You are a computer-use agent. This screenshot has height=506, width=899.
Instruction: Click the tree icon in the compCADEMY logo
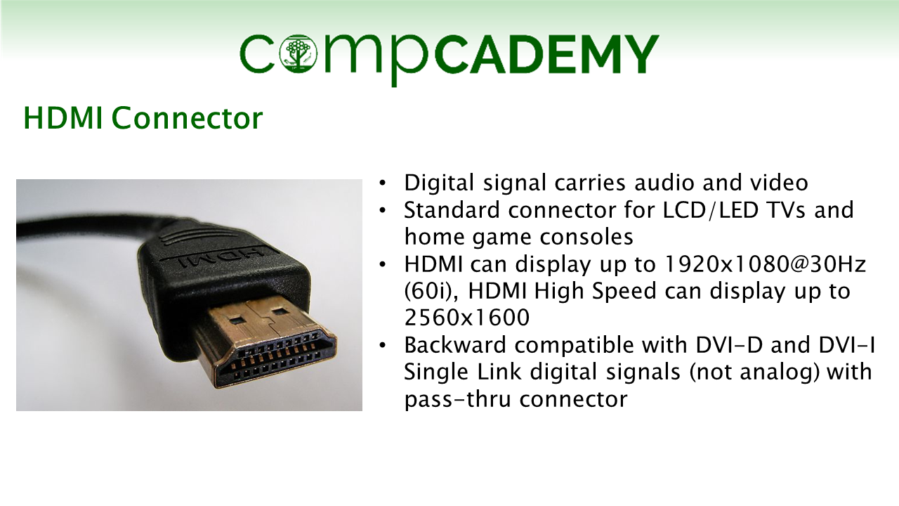pos(298,53)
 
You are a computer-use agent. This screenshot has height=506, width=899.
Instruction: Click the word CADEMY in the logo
pos(546,55)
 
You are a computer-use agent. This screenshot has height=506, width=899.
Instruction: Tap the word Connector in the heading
pos(187,118)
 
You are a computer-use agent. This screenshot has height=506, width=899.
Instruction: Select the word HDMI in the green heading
pos(63,118)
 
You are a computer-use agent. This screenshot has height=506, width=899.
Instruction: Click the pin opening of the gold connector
pos(277,358)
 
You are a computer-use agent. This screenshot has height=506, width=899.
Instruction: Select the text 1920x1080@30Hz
pos(765,264)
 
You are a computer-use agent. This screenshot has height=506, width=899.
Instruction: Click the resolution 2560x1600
pos(467,318)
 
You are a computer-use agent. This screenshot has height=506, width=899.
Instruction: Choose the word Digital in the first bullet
pos(439,183)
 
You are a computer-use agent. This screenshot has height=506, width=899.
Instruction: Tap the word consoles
pos(586,237)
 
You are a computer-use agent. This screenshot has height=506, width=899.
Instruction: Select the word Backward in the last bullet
pos(455,345)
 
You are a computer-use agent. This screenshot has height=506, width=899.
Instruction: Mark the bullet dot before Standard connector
pos(383,210)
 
